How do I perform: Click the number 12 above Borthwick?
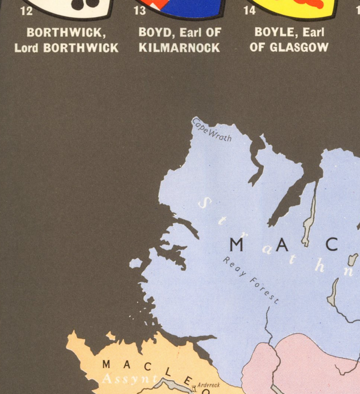(26, 10)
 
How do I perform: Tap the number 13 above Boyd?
(140, 10)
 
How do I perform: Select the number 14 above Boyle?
(250, 10)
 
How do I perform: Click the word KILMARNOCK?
(179, 48)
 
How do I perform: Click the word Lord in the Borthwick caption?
(27, 48)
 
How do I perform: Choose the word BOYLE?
(272, 33)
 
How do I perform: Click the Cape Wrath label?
(212, 130)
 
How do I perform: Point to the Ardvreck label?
(208, 385)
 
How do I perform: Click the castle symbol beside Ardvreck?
(195, 388)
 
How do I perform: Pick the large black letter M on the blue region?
(236, 245)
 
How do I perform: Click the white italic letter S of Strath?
(206, 202)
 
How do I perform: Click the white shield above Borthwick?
(74, 7)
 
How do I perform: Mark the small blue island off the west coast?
(135, 263)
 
